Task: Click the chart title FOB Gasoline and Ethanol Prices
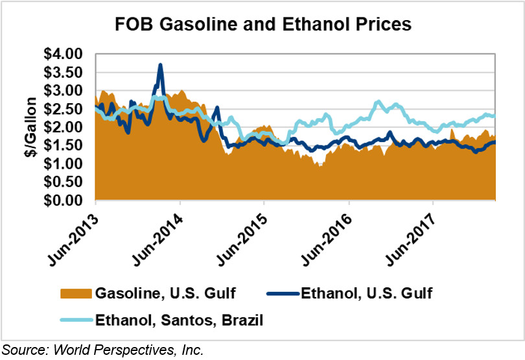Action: tap(262, 25)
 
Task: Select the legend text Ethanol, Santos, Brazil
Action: tap(172, 318)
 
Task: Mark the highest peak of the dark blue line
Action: tap(160, 65)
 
